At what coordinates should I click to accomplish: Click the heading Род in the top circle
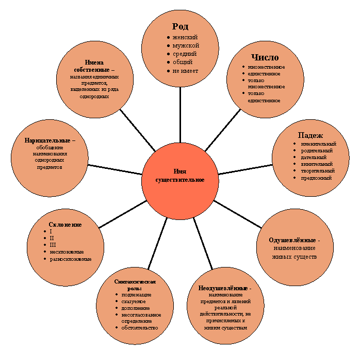180,26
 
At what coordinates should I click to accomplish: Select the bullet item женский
185,37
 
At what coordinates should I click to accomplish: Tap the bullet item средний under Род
185,54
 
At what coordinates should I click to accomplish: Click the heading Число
265,57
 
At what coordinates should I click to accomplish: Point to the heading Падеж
310,135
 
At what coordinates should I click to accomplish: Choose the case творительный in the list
318,171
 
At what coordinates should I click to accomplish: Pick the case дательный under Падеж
314,158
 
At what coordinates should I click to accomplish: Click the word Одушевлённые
292,240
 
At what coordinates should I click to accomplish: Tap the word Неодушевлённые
223,288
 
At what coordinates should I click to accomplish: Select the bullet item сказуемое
134,302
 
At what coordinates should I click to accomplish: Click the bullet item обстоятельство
140,328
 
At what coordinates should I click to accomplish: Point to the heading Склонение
66,225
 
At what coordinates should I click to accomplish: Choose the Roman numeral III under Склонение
53,245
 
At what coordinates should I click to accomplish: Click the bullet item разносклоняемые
71,259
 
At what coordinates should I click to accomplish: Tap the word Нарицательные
47,140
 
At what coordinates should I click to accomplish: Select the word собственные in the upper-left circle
92,70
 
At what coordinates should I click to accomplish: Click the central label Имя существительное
180,176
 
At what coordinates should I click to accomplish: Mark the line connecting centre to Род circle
180,115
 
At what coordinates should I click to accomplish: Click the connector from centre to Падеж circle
246,169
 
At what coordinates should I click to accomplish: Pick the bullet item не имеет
185,71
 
